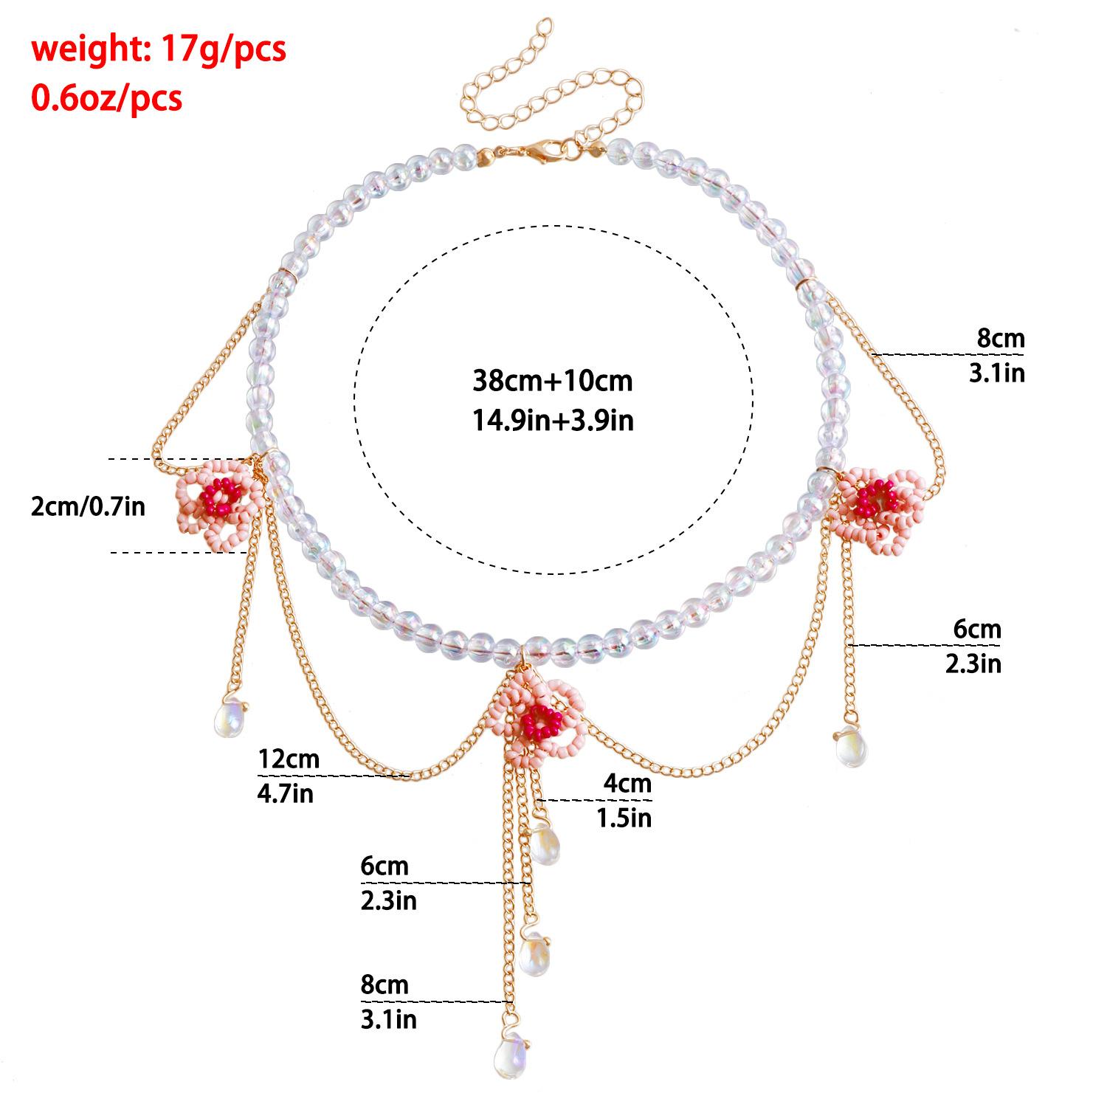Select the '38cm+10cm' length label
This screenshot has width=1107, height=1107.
pos(552,381)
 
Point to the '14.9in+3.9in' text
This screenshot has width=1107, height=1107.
pos(552,420)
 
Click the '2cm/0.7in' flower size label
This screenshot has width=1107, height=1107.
pos(89,507)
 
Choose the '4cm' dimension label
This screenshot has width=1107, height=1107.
pos(628,783)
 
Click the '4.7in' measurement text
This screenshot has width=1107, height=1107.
pos(286,794)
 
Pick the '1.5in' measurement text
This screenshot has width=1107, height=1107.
pos(624,818)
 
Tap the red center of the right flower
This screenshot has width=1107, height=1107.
pos(877,497)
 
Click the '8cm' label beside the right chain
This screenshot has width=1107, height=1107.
pos(1001,339)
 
